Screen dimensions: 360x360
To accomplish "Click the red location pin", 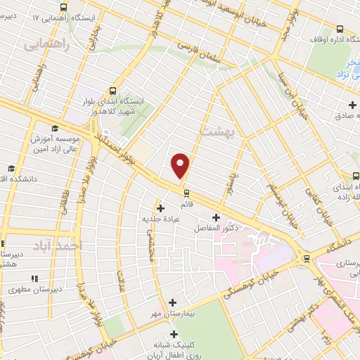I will point(181,165).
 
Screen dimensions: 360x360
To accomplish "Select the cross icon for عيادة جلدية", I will point(161,207).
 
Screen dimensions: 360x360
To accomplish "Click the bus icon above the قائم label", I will point(185,193).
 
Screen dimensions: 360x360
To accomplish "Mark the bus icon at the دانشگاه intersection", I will point(305,257).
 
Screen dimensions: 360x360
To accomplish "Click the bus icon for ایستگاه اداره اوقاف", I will point(340,29).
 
